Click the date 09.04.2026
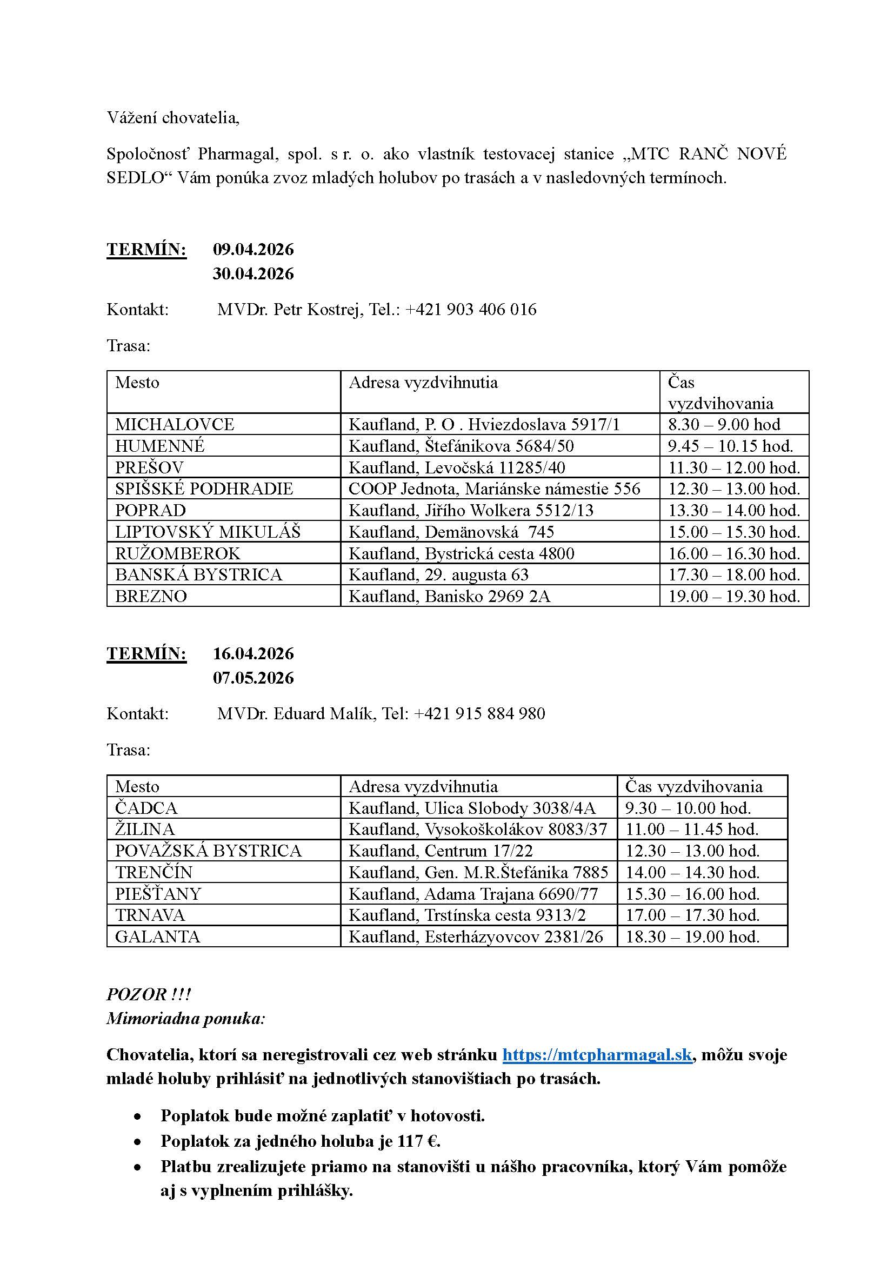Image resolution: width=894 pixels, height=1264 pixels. (x=253, y=249)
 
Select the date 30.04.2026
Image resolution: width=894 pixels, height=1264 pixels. (x=253, y=273)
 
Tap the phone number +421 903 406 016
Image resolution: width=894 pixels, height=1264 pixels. (x=471, y=310)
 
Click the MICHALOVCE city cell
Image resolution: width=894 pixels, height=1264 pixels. (x=175, y=424)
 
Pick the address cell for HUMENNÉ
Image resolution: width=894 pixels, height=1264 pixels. (x=461, y=445)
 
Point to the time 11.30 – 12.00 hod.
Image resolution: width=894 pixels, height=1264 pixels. (x=734, y=467)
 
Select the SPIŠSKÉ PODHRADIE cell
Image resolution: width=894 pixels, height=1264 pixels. (x=204, y=489)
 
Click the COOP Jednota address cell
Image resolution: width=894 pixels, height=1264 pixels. (x=495, y=489)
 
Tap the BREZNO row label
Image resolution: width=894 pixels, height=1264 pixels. (x=151, y=596)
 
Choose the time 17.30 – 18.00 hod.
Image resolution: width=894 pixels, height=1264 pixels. (x=734, y=575)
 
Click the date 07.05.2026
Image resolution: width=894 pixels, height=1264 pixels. (x=253, y=678)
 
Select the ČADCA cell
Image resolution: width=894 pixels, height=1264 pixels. (x=146, y=808)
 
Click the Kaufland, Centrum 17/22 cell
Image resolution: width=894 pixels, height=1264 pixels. (x=441, y=851)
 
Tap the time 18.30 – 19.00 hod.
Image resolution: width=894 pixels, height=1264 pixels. (x=692, y=937)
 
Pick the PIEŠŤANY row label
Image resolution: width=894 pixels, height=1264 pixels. (x=158, y=893)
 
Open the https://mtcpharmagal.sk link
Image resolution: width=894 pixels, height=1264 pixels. (x=597, y=1054)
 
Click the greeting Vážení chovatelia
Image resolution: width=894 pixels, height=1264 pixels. (x=173, y=118)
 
